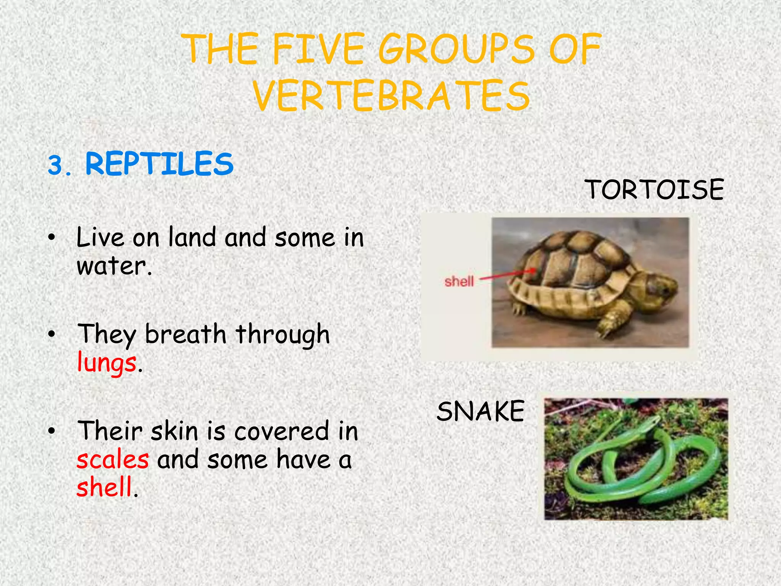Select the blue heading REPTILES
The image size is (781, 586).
159,164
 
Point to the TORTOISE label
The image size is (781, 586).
654,190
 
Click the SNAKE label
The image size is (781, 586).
480,411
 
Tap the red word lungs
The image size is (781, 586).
106,362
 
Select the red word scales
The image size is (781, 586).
112,459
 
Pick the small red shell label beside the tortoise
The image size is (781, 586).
459,282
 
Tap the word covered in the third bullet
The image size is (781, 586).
281,431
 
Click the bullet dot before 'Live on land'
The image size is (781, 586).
52,238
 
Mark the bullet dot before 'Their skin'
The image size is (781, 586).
52,431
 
